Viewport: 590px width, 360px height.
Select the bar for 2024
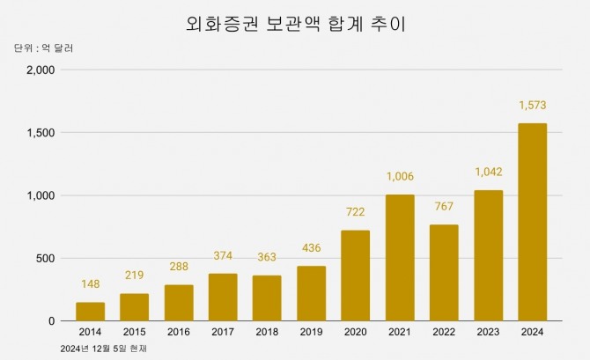tap(532, 223)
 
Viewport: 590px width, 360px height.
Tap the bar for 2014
tap(90, 312)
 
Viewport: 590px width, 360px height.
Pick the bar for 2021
tap(400, 258)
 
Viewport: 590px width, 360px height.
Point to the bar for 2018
tap(267, 298)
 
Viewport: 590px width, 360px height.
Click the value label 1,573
tap(532, 105)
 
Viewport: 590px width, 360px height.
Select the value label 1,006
tap(400, 176)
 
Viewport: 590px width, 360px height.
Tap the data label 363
tap(267, 257)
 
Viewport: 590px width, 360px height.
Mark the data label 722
tap(355, 212)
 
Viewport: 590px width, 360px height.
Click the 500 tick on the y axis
tap(44, 259)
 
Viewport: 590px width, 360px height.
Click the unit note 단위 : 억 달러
tap(43, 48)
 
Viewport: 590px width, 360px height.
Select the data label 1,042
tap(488, 172)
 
